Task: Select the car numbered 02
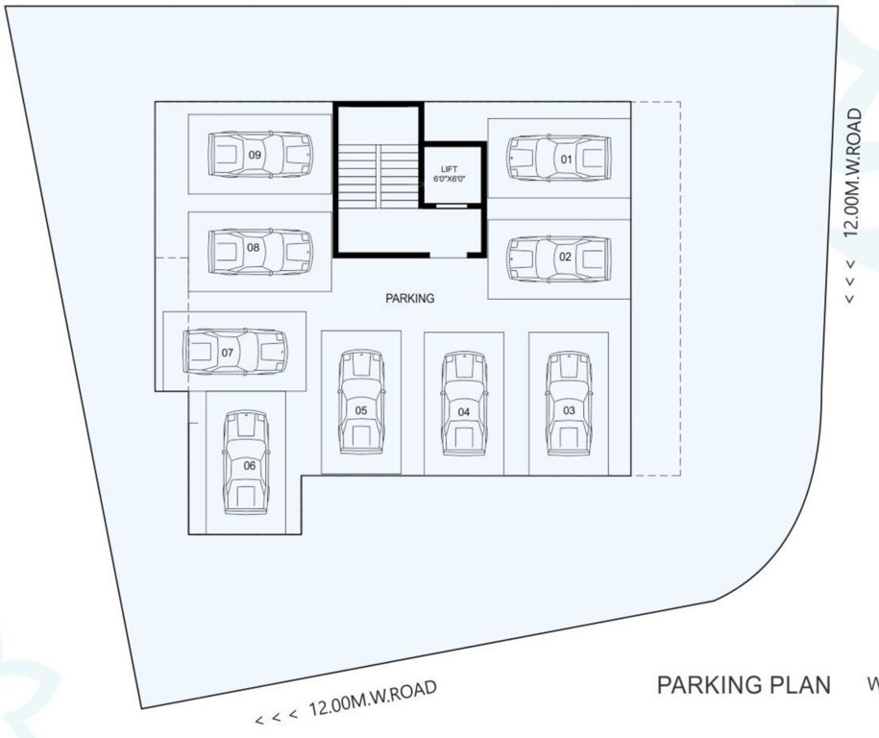point(558,258)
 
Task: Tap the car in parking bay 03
point(568,403)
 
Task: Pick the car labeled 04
point(464,403)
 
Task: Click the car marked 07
point(235,353)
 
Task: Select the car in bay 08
point(260,252)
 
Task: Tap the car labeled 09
point(260,155)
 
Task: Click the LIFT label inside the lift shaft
point(450,168)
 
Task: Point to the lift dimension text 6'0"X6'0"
point(450,179)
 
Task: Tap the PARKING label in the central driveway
point(410,298)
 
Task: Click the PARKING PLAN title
point(744,685)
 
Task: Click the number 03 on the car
point(569,410)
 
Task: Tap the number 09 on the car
point(255,155)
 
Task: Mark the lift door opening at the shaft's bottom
point(451,205)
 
